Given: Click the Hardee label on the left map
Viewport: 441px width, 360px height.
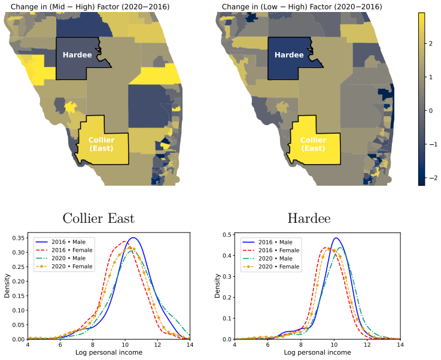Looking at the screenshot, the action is (77, 55).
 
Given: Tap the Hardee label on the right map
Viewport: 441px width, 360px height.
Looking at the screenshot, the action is (289, 55).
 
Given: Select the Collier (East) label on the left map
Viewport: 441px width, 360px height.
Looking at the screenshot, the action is (102, 144).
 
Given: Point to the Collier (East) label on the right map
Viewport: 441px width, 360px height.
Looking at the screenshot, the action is (314, 144).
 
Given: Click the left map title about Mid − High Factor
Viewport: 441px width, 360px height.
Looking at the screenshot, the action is (90, 7).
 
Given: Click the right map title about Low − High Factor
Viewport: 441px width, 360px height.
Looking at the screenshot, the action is (302, 7).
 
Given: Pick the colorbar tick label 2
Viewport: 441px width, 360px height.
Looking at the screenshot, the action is (431, 43).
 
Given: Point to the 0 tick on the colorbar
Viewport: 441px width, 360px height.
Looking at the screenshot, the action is (431, 111).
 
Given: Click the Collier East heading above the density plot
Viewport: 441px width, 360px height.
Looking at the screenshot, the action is (99, 219).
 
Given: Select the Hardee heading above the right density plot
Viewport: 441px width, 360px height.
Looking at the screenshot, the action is (309, 219).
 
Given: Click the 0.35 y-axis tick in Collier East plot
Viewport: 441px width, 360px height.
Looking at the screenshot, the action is (20, 238).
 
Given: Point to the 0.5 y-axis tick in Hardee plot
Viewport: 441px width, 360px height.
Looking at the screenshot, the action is (227, 235).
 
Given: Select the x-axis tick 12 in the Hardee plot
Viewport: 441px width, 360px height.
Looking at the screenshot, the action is (367, 345).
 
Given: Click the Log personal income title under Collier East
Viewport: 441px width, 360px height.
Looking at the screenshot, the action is (109, 352).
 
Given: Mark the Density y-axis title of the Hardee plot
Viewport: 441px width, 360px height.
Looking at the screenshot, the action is (217, 286).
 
